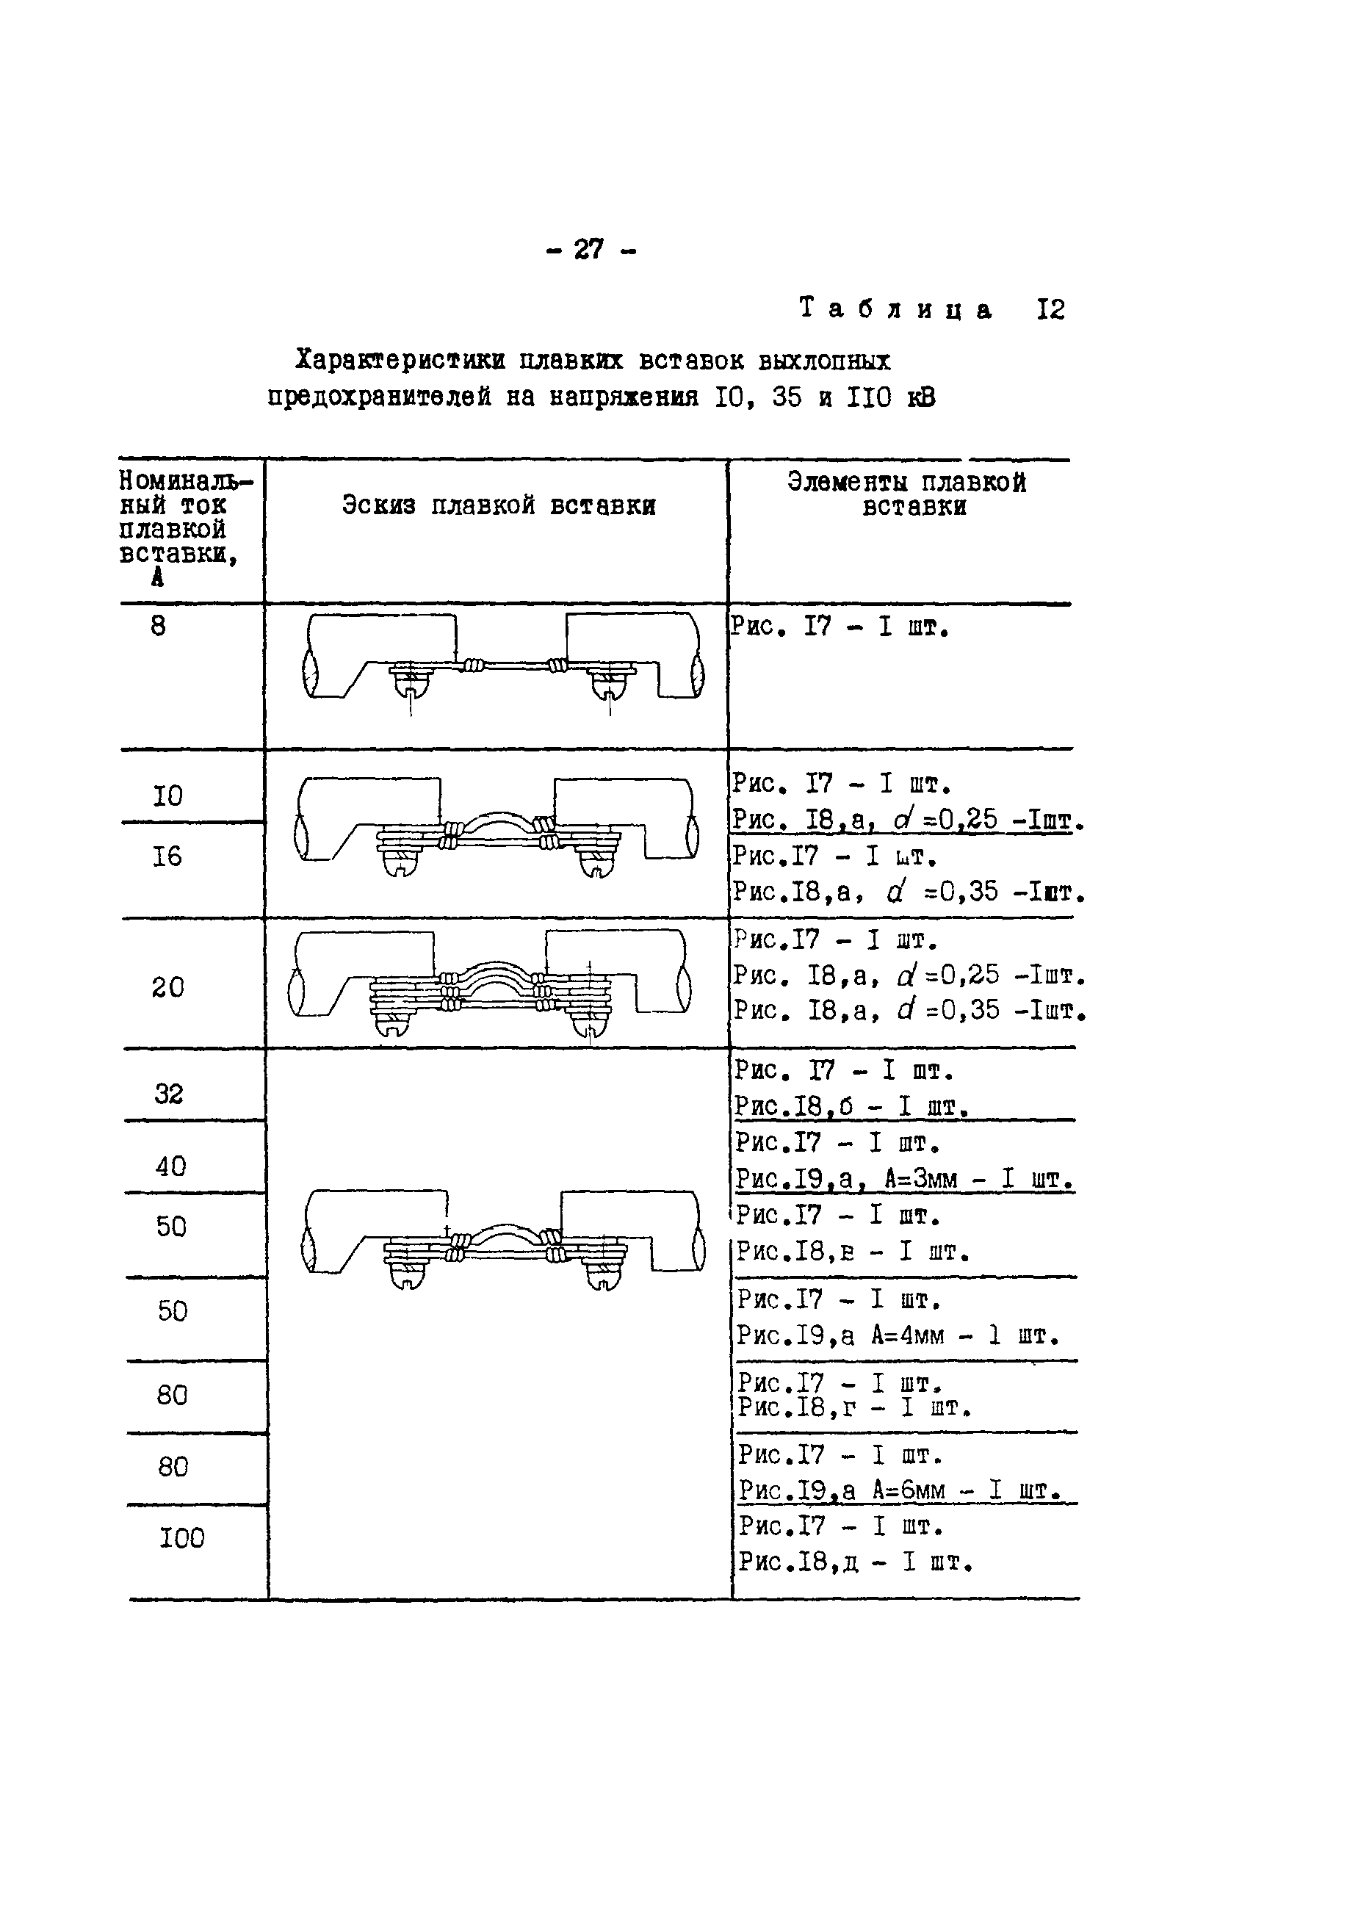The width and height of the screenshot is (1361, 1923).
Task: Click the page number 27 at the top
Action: (589, 249)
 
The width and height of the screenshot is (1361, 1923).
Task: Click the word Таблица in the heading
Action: (896, 309)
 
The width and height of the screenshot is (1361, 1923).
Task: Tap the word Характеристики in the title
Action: (400, 361)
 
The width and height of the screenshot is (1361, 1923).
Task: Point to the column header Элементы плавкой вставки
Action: (907, 494)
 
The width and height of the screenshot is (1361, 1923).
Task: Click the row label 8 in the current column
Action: (159, 626)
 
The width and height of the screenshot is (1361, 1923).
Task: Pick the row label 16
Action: (167, 856)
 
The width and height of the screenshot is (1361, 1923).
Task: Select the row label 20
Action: (167, 987)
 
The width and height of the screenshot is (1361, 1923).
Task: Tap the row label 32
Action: (169, 1094)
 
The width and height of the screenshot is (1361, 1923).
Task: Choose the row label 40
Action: (171, 1166)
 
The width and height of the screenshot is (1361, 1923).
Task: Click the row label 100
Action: (182, 1537)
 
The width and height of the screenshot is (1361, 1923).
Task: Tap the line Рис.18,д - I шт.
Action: (855, 1562)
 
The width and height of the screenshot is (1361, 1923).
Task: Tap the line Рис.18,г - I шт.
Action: (854, 1407)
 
